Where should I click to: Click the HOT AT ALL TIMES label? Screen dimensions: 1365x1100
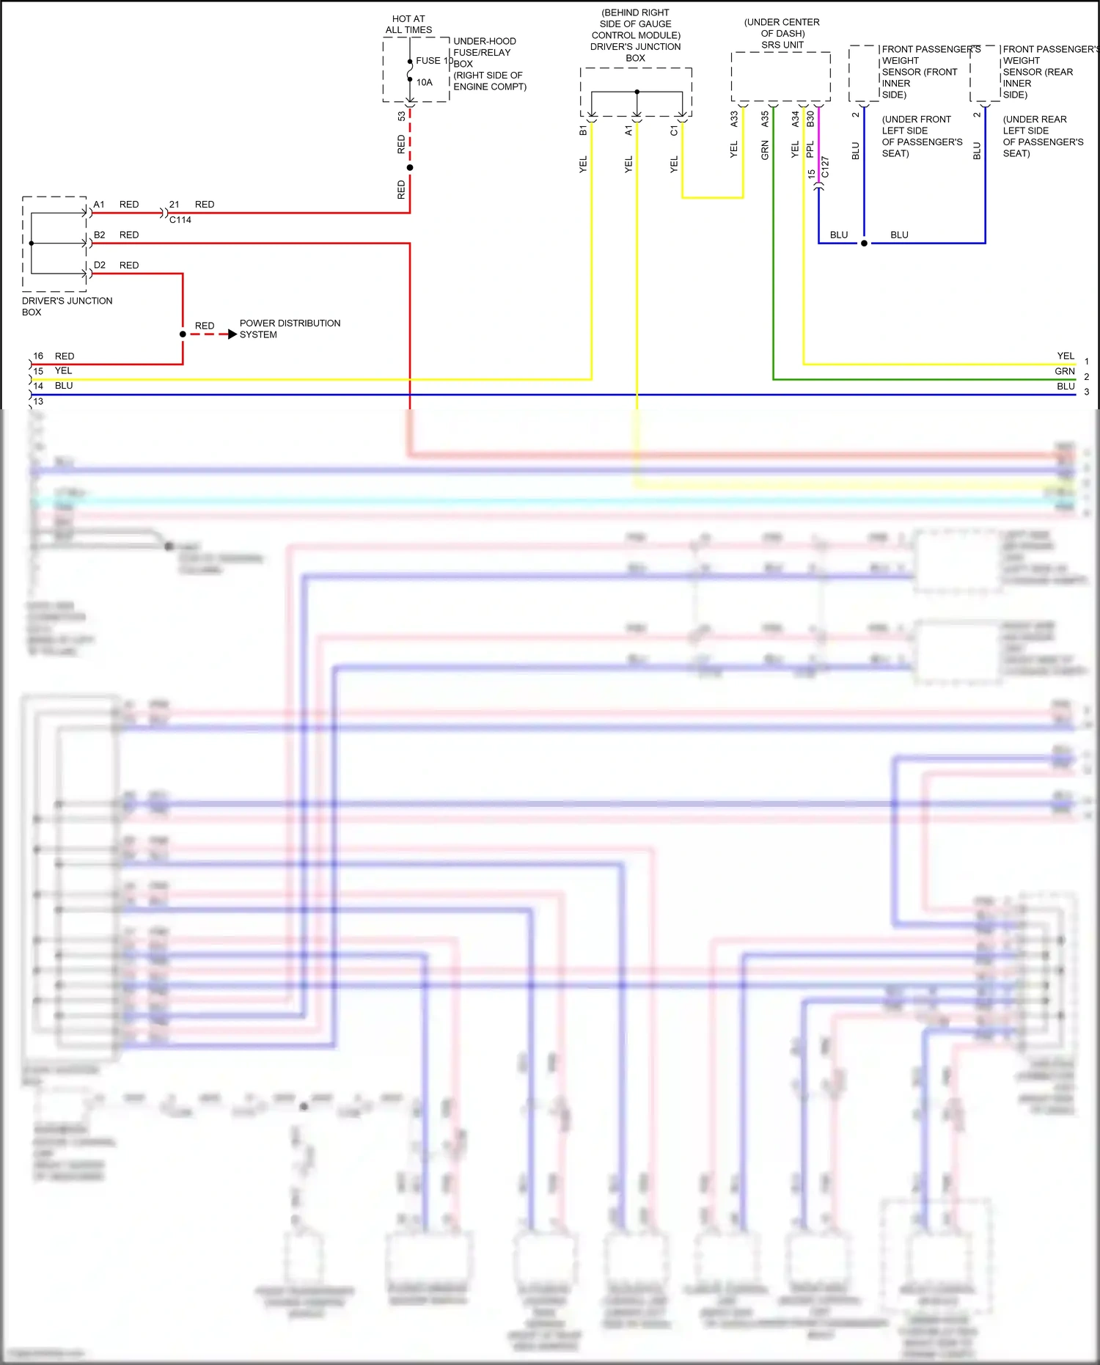coord(408,24)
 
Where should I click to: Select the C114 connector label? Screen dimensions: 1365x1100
coord(180,219)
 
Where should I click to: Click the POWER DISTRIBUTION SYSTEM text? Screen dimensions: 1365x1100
coord(290,329)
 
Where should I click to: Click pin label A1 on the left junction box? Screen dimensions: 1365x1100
coord(99,205)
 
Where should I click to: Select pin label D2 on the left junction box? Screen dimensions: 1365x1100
coord(100,265)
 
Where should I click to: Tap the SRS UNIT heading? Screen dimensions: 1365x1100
coord(782,45)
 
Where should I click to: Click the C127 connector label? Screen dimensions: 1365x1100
coord(825,167)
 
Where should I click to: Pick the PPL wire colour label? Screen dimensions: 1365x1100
coord(810,150)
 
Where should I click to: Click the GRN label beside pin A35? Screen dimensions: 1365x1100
coord(765,150)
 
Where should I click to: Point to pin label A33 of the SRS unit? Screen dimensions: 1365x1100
coord(734,119)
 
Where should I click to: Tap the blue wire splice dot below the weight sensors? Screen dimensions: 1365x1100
coord(864,243)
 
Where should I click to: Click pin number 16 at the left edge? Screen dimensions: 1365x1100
coord(38,356)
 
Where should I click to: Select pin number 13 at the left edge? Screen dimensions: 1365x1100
coord(38,401)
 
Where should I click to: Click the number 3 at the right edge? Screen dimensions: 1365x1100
coord(1087,392)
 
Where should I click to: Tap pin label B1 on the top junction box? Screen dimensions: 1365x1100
coord(583,130)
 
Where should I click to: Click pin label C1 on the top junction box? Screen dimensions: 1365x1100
coord(674,130)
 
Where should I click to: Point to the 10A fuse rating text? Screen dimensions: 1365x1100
coord(425,82)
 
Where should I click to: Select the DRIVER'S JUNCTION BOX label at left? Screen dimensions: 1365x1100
coord(67,306)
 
